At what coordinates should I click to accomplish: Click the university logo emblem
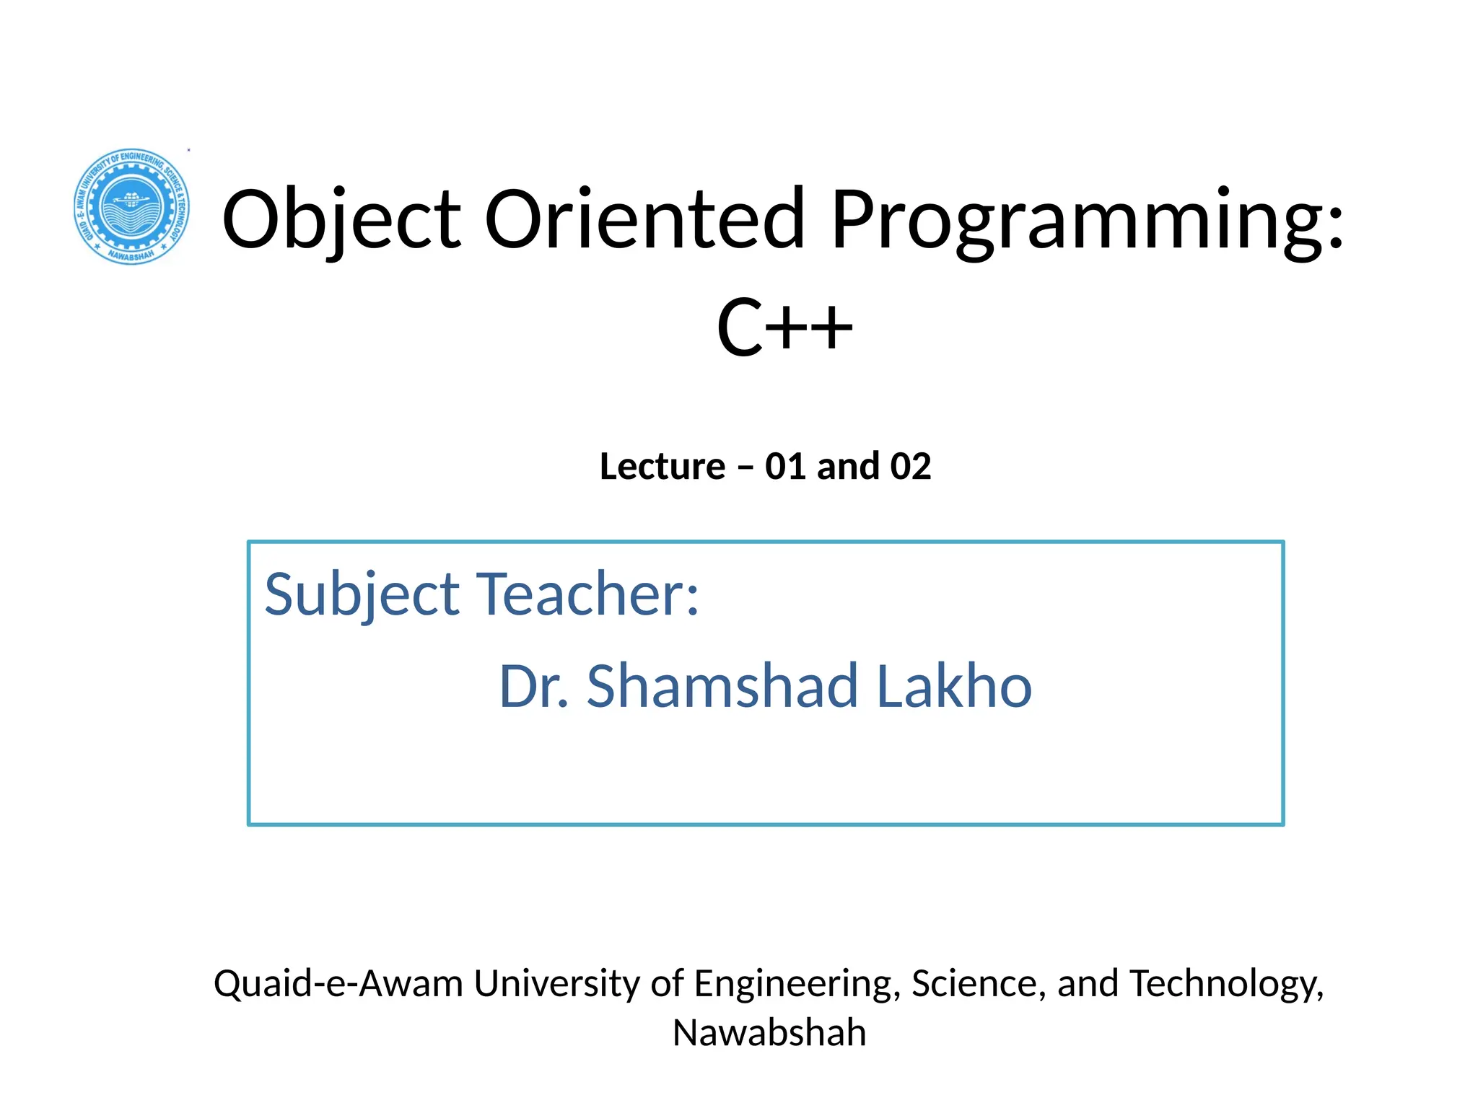click(132, 206)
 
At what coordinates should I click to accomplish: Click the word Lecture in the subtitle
click(662, 466)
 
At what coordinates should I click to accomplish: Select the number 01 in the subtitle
click(785, 466)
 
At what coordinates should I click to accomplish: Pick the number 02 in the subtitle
click(910, 466)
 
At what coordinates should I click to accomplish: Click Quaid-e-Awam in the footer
click(338, 983)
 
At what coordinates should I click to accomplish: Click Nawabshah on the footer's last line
click(769, 1032)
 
